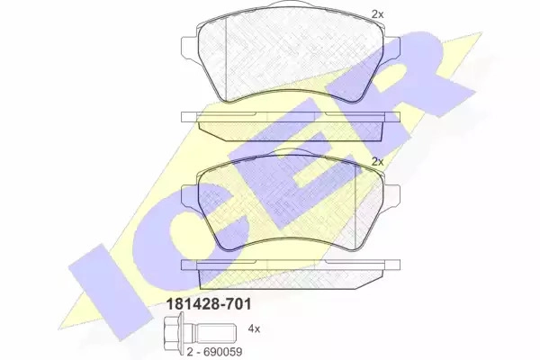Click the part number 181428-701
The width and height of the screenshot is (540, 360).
coord(209,304)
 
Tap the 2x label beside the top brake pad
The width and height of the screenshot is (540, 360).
coord(377,14)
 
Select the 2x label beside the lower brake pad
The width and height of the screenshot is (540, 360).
coord(377,162)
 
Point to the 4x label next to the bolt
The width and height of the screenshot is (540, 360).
coord(254,329)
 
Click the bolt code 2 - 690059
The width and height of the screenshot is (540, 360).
coord(214,352)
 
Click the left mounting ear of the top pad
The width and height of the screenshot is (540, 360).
coord(189,46)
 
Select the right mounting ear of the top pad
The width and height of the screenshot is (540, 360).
coord(392,46)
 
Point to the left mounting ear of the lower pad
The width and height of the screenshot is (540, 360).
coord(189,195)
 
